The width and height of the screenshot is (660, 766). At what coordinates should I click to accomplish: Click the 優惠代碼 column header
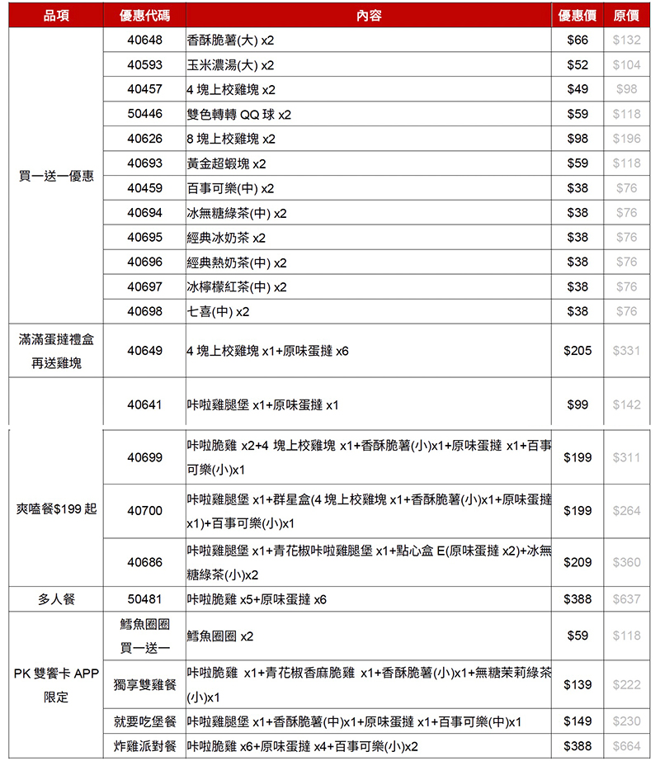point(144,16)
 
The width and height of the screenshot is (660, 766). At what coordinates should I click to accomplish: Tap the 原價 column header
point(626,16)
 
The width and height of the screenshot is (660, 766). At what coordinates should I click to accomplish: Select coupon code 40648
point(144,40)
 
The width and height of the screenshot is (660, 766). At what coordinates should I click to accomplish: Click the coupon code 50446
point(144,114)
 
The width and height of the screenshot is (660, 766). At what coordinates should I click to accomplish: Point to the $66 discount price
point(577,40)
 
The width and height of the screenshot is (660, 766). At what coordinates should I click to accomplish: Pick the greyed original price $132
point(626,40)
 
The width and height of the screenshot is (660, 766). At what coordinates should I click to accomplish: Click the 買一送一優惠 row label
point(56,176)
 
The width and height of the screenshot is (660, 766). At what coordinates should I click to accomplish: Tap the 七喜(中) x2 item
point(218,311)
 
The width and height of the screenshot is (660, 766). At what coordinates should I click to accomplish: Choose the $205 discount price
point(577,351)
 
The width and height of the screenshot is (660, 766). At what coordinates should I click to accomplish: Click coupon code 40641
point(144,404)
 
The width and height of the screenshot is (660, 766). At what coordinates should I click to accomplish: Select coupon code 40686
point(144,561)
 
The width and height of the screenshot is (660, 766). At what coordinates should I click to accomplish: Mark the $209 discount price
point(577,561)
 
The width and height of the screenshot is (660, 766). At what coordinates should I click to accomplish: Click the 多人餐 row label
point(56,599)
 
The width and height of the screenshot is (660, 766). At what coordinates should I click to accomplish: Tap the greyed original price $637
point(626,599)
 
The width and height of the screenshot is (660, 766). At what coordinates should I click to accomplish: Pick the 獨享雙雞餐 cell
point(144,684)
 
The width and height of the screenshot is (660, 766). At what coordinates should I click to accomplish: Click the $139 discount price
point(577,684)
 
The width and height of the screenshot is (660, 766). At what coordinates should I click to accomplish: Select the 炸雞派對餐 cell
point(144,746)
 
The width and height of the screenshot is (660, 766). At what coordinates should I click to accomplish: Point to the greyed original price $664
point(626,746)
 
